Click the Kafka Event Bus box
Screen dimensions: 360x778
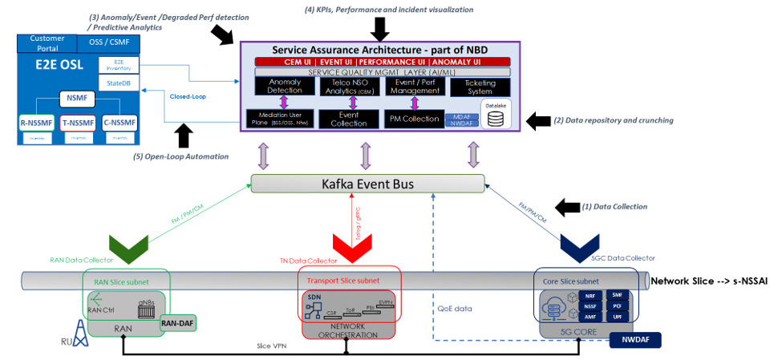pyautogui.click(x=368, y=184)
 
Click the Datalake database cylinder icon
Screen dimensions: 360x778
pyautogui.click(x=496, y=119)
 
